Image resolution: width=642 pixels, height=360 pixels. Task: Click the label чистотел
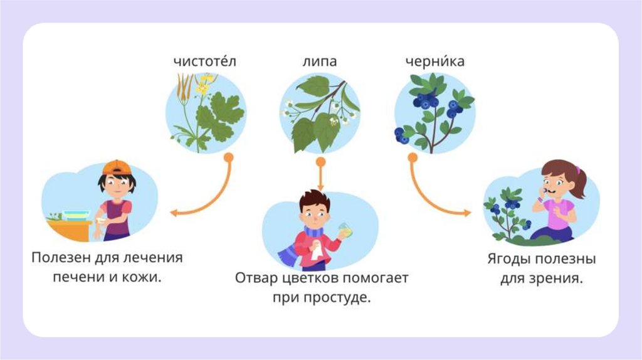(206, 61)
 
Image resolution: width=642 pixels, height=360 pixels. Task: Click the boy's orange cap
(117, 167)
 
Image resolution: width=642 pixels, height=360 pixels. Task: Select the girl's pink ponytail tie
(577, 169)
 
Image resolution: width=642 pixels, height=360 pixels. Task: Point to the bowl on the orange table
(76, 215)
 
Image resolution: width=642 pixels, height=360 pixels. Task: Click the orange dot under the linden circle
(320, 162)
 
